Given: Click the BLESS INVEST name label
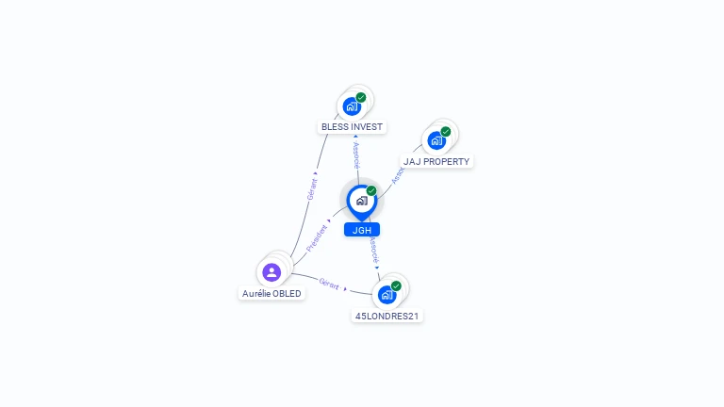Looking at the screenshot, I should coord(354,126).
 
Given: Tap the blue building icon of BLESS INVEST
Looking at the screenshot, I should coord(352,106).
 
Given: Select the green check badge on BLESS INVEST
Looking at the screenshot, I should coord(361,97).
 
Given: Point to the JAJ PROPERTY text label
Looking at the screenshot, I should coord(436,161).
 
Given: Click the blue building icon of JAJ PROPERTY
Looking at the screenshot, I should coord(436,141).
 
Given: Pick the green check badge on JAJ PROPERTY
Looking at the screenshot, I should coord(446,132).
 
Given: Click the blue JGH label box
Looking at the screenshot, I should coord(362,229).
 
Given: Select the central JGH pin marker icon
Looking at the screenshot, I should coord(361,201).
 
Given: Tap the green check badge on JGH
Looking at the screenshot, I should coord(371,190).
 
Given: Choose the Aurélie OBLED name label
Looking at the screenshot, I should coord(272,293).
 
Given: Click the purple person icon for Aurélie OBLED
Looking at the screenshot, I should coord(271,272).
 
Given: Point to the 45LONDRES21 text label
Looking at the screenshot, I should coord(387,316).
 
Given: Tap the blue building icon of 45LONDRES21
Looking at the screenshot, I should coord(387,295).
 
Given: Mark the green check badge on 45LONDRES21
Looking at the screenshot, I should coord(396,285).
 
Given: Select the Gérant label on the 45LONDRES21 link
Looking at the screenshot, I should coord(330,283).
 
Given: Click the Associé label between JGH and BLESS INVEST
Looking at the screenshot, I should coord(355,155).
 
